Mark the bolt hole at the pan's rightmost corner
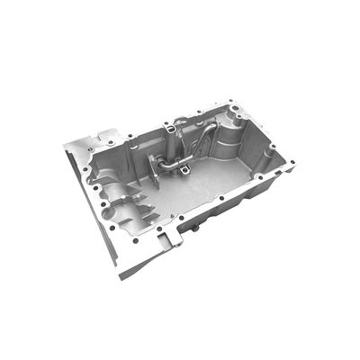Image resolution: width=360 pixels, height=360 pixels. (290, 163)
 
